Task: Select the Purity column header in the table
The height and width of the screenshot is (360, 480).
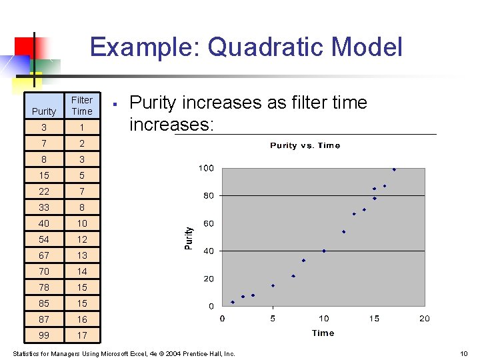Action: [44, 111]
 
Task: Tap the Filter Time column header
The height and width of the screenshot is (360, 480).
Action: [82, 105]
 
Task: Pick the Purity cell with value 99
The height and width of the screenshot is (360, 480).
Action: [44, 335]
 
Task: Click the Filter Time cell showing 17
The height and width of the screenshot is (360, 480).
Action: [82, 335]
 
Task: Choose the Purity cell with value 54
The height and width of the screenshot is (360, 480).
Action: [44, 239]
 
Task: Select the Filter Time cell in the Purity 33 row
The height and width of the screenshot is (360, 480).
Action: [82, 207]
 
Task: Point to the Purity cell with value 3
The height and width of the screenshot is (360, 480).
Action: [44, 127]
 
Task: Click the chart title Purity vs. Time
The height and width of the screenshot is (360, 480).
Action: [305, 145]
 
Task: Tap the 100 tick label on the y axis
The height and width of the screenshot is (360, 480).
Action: [206, 168]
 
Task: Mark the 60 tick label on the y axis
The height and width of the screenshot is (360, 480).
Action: [209, 223]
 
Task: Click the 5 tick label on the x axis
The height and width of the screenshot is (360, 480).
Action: [273, 319]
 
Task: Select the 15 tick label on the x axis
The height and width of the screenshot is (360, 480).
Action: [374, 319]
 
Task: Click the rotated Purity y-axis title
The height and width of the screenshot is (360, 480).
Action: [189, 238]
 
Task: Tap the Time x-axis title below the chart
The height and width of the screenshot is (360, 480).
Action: [323, 333]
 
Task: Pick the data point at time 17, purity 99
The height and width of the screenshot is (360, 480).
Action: [394, 170]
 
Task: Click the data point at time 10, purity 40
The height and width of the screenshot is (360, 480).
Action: [324, 251]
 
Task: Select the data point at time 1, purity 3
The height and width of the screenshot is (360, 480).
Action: [233, 302]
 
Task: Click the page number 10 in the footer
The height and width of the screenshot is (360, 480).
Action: [464, 353]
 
